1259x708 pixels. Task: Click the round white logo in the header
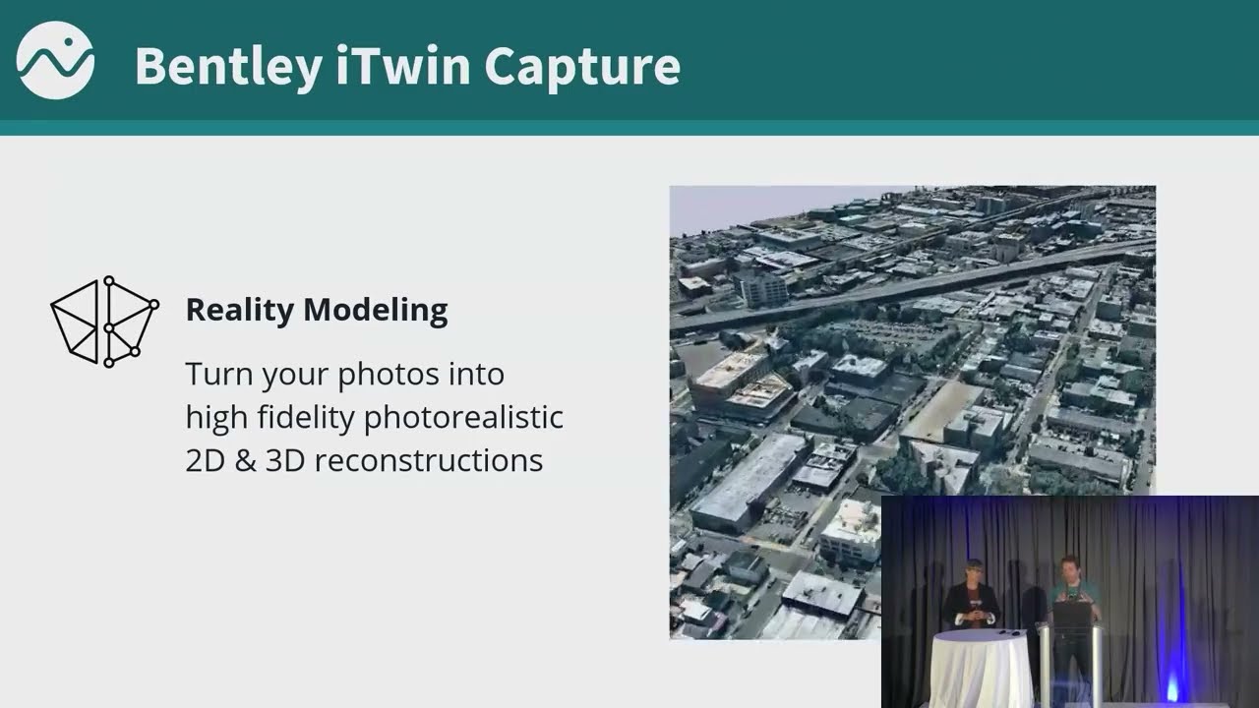click(x=55, y=60)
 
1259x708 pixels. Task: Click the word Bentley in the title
click(x=227, y=67)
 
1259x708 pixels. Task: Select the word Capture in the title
click(x=582, y=67)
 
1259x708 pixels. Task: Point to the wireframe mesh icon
click(x=104, y=322)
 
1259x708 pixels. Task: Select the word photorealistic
click(x=463, y=418)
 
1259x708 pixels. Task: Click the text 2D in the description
click(x=205, y=460)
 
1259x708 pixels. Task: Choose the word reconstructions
click(x=429, y=460)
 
